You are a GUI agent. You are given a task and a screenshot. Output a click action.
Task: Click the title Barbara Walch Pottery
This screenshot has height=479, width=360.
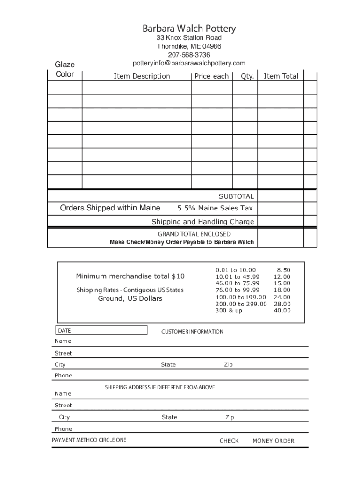click(x=189, y=29)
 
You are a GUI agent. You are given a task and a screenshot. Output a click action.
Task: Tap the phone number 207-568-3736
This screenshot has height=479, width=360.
click(x=189, y=55)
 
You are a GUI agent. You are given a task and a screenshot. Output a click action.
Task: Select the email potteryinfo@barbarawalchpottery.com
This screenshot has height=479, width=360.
click(x=189, y=63)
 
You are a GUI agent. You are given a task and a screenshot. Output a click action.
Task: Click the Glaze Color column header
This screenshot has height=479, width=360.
click(x=65, y=69)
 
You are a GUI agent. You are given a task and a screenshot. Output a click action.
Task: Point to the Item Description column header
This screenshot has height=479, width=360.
click(x=142, y=76)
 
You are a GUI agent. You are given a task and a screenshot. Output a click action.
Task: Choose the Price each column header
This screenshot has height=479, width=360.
click(x=212, y=76)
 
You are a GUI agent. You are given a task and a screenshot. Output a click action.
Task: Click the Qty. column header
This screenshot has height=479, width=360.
click(x=247, y=76)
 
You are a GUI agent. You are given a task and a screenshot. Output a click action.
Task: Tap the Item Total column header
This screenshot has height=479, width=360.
click(x=281, y=76)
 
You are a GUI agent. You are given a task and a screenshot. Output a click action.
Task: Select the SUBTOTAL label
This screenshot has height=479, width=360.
click(x=237, y=196)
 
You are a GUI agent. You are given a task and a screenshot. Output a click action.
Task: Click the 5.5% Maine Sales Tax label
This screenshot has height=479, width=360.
click(x=216, y=208)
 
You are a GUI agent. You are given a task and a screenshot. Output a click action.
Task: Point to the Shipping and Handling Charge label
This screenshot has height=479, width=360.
click(x=203, y=222)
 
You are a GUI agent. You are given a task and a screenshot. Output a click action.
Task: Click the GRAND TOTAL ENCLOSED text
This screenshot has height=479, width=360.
click(x=194, y=234)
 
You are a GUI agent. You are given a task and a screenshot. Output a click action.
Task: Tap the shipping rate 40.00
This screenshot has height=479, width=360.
click(x=282, y=310)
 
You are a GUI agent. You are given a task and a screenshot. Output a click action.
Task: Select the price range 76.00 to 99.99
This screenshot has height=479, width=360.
click(x=238, y=290)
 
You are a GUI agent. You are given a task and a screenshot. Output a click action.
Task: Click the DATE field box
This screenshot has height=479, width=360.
click(x=102, y=331)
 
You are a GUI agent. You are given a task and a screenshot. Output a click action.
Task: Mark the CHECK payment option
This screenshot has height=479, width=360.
click(x=229, y=441)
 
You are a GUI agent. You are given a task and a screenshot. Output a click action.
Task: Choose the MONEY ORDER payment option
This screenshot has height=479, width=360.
click(x=274, y=441)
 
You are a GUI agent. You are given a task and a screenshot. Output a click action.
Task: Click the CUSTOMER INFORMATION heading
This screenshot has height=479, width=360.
click(x=192, y=332)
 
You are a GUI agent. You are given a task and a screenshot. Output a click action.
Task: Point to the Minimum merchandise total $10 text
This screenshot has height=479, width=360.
click(x=130, y=276)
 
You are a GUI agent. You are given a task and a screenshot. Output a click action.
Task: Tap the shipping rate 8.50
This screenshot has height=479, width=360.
click(x=283, y=270)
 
